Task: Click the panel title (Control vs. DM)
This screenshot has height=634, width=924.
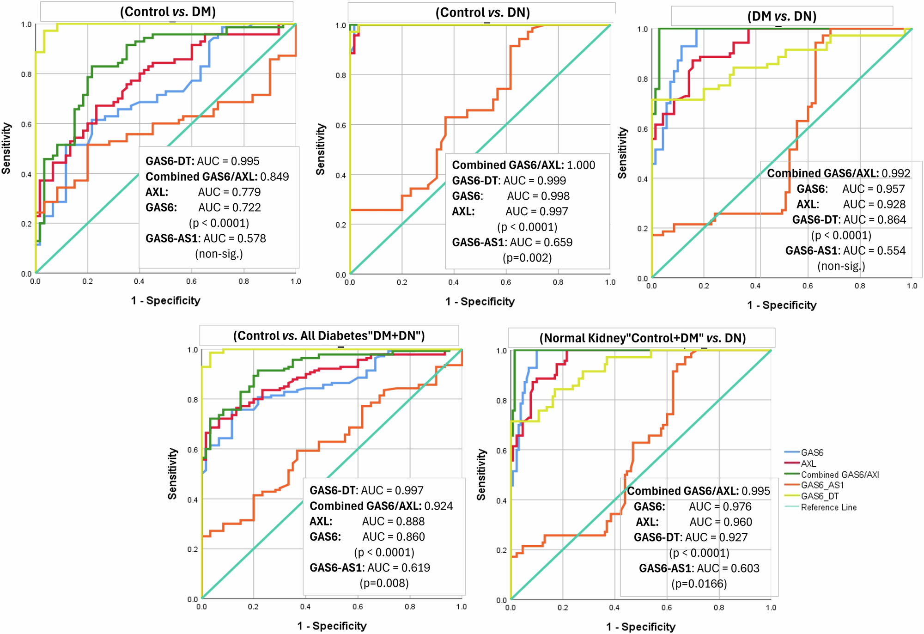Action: click(x=168, y=12)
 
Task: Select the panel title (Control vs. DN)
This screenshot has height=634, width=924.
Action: click(x=482, y=12)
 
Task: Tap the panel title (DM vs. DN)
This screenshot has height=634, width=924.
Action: click(x=782, y=17)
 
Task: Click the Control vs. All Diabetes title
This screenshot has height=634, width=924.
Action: click(x=329, y=335)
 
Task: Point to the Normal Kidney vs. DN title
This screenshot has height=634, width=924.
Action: click(x=642, y=338)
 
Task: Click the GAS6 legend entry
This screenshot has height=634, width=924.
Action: click(x=812, y=453)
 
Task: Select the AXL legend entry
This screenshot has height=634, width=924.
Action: click(x=808, y=463)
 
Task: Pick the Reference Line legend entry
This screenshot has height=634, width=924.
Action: click(x=828, y=507)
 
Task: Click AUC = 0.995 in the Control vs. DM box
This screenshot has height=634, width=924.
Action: click(x=228, y=161)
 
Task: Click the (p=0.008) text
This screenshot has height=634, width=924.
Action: click(x=384, y=583)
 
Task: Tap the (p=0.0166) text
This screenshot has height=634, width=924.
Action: click(x=699, y=584)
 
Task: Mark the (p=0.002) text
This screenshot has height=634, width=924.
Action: click(x=527, y=258)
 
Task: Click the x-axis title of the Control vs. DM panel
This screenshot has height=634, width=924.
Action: click(x=165, y=301)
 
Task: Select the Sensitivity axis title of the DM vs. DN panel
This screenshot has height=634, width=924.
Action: click(x=622, y=153)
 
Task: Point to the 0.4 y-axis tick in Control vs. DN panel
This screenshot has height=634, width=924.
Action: click(x=340, y=175)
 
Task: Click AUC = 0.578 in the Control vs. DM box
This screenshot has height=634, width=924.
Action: click(x=235, y=238)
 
